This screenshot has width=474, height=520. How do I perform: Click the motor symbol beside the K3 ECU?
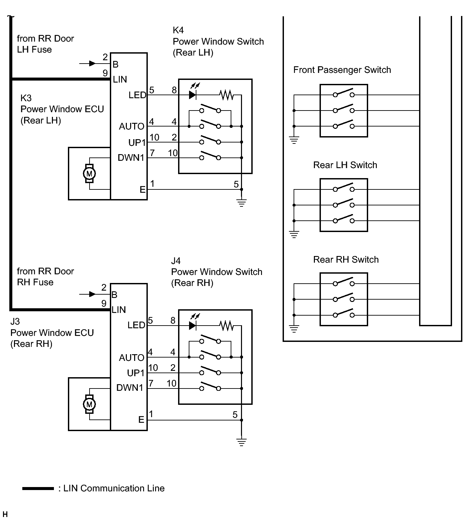89,173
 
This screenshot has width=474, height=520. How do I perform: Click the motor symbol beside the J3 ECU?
89,404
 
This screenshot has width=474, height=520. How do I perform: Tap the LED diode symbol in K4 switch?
192,95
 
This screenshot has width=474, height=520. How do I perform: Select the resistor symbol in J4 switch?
226,326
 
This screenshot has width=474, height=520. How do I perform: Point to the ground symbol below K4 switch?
242,202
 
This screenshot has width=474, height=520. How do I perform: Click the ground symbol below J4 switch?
242,442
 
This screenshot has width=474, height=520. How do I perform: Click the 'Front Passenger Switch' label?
342,70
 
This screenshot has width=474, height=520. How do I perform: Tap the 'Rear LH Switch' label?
345,165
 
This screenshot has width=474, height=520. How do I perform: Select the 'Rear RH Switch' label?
346,260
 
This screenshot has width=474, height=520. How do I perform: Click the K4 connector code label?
178,30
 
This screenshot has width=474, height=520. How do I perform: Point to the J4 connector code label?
176,261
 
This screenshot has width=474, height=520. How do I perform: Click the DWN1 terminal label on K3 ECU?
131,158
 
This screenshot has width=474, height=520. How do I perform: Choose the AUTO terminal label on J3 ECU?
131,358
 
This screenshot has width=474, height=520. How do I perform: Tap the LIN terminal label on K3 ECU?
120,80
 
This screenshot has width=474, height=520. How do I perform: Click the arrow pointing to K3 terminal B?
92,63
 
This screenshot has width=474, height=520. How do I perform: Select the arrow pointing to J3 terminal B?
92,294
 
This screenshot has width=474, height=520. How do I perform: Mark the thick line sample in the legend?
38,488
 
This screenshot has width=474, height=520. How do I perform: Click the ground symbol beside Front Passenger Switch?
294,140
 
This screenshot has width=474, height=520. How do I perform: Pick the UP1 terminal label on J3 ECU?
135,373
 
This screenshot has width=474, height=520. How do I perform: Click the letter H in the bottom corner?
5,515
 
